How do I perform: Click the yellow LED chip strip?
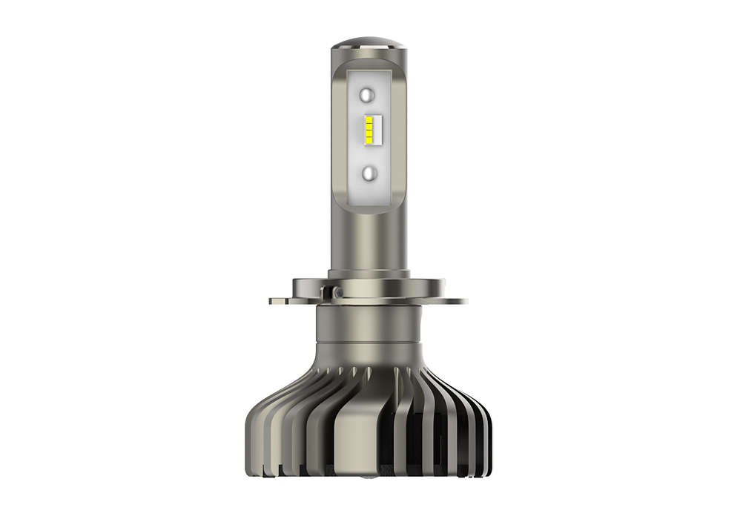pyautogui.click(x=369, y=133)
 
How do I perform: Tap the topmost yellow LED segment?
pyautogui.click(x=369, y=119)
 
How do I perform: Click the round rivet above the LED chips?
pyautogui.click(x=369, y=94)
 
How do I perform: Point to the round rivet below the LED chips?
pyautogui.click(x=369, y=172)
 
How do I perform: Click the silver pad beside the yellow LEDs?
pyautogui.click(x=378, y=133)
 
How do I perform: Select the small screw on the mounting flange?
pyautogui.click(x=337, y=294)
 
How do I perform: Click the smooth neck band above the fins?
pyautogui.click(x=369, y=354)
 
